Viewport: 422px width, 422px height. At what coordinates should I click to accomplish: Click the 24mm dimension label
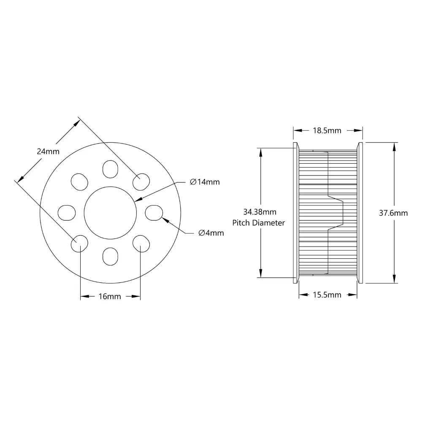pos(48,151)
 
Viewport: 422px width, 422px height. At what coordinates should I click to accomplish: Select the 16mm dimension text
pos(110,297)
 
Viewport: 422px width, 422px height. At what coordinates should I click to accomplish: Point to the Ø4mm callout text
pos(211,233)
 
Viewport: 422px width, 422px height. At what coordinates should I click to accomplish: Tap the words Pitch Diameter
pos(259,222)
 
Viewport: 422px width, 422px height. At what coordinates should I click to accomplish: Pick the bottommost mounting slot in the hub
pos(110,256)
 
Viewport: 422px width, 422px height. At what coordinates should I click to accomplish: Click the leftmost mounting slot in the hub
pos(66,212)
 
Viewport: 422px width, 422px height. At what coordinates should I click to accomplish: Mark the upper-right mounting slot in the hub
pos(141,181)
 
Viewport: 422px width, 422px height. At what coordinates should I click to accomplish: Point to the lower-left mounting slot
pos(79,243)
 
